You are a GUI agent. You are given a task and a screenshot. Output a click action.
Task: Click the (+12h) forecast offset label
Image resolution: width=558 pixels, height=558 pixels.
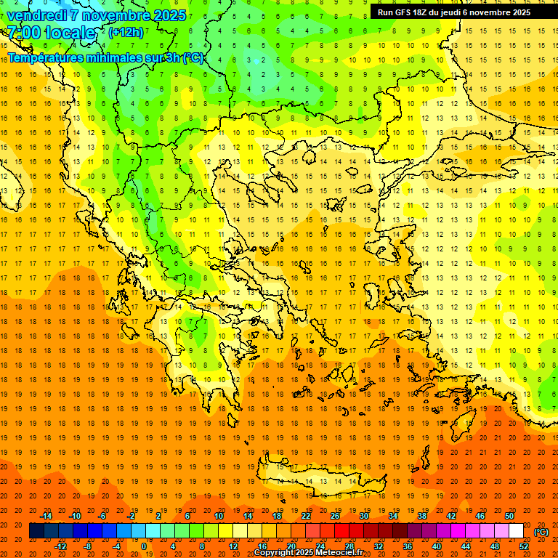126,33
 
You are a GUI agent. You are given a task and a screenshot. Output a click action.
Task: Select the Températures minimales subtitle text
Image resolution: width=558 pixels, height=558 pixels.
73,57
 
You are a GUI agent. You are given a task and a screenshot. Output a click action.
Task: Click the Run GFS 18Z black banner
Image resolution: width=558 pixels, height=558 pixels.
453,12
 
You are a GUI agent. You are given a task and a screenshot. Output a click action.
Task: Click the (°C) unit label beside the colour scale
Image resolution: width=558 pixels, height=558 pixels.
541,532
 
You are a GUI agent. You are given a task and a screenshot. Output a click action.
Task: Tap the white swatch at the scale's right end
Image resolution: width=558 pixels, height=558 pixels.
516,531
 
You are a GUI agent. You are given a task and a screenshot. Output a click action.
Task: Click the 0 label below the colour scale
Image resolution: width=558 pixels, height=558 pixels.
143,546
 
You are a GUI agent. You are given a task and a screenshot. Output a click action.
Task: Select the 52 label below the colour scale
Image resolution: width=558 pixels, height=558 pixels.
525,546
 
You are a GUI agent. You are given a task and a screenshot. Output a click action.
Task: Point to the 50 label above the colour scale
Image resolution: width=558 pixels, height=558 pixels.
509,516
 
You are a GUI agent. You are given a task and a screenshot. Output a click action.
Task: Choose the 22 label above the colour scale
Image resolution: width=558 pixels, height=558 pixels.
306,516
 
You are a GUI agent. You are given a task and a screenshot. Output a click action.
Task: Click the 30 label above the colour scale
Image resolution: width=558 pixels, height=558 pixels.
364,516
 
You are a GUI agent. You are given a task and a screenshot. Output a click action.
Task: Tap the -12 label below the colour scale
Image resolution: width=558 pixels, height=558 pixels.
60,546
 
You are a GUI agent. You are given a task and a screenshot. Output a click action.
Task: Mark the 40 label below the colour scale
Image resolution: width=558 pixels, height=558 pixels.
437,546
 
